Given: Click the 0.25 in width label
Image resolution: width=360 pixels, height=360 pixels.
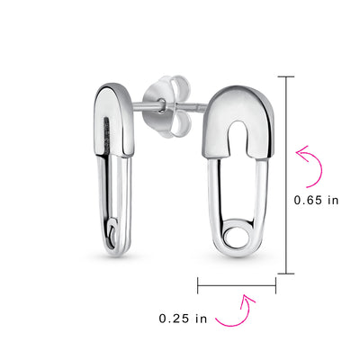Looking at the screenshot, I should (x=184, y=319).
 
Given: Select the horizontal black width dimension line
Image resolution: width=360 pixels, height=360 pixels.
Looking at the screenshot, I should (x=237, y=288).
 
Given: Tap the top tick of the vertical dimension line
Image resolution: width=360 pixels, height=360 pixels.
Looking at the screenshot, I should (x=288, y=77).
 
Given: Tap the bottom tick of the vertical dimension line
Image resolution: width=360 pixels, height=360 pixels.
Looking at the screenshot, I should (x=288, y=273).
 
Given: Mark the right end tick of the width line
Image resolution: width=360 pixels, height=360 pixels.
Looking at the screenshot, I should (x=275, y=288).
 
